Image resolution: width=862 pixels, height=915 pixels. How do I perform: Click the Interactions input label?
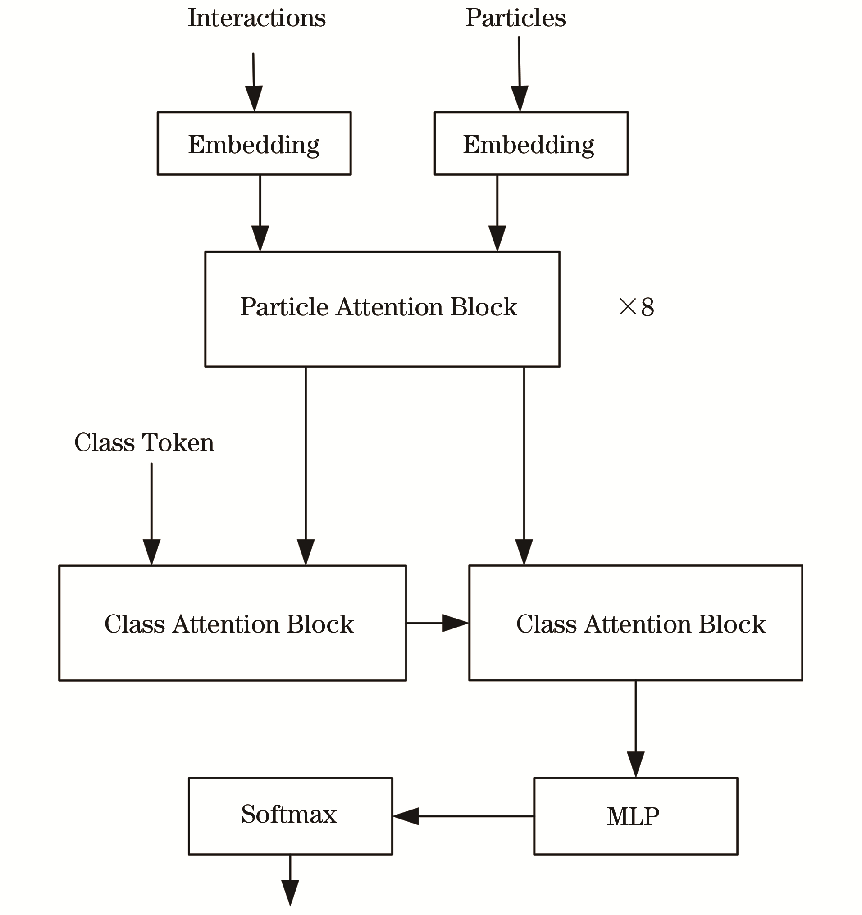(256, 18)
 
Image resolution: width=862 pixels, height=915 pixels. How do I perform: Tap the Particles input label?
(516, 18)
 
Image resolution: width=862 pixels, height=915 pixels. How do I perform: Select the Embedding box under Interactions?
(254, 143)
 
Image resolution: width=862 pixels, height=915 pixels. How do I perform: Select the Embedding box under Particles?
(531, 143)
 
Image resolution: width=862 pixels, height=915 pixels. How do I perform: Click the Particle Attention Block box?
(382, 310)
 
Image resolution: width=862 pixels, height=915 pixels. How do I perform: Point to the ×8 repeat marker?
(636, 306)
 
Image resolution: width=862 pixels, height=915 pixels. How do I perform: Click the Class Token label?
(144, 443)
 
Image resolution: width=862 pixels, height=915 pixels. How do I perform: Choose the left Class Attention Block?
(233, 623)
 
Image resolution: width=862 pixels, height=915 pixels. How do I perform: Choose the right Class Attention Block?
(636, 623)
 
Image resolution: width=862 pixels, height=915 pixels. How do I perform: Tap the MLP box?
(635, 816)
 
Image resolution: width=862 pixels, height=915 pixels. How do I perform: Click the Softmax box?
(291, 816)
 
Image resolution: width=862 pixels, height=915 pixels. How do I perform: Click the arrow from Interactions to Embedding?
(254, 82)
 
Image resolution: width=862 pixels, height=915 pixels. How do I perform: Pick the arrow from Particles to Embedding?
(520, 74)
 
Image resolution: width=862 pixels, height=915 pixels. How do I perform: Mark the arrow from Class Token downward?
(151, 514)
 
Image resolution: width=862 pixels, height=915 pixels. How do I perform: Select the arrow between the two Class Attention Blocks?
(438, 623)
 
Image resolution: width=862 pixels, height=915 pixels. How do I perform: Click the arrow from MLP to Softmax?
(463, 816)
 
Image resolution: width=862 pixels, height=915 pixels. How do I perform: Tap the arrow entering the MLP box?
(636, 729)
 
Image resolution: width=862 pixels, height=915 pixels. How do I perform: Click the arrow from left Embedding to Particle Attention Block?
(260, 213)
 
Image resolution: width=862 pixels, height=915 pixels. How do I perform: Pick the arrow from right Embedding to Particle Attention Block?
(497, 213)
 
